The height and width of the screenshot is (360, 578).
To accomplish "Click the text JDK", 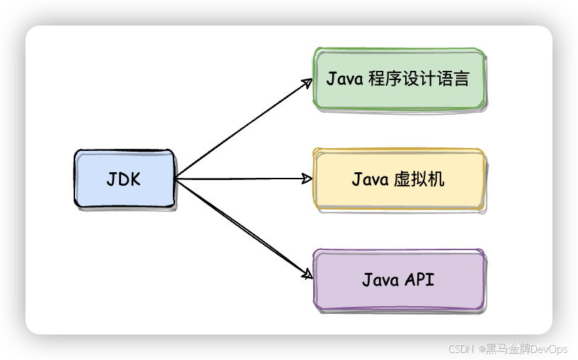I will click(124, 179).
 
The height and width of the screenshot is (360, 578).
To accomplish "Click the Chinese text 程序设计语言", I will click(419, 79).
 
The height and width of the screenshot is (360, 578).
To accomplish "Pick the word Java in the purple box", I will click(381, 279).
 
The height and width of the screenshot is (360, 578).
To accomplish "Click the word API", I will click(419, 279).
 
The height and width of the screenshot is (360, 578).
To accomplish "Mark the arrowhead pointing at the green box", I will click(307, 83).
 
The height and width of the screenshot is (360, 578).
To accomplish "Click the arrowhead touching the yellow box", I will click(307, 179).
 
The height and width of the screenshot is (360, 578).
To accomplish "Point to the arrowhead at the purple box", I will click(307, 274).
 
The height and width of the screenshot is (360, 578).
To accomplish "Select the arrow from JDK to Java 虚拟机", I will click(241, 179).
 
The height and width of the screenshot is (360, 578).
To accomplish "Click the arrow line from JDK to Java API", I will click(241, 227).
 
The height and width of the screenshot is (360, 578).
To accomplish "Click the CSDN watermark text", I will click(460, 348).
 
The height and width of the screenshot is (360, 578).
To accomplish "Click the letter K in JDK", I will click(135, 179).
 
